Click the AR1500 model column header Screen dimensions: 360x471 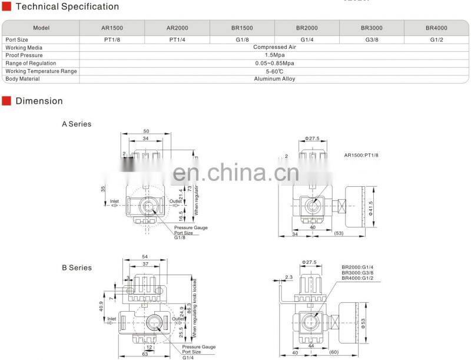[x=112, y=28]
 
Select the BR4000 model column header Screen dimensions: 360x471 [x=436, y=28]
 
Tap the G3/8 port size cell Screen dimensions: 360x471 [x=372, y=39]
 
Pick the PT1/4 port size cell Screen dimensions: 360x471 [x=177, y=39]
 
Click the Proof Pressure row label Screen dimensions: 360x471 [x=24, y=55]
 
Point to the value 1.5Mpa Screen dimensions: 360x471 [x=274, y=55]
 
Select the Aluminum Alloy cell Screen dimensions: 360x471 [x=274, y=79]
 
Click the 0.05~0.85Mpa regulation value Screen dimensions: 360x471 [x=274, y=63]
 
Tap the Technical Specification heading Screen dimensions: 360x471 [x=67, y=7]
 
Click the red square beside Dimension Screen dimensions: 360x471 [x=6, y=101]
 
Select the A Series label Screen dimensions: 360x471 [x=77, y=124]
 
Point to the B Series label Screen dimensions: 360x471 [x=77, y=268]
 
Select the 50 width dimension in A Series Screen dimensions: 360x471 [x=146, y=131]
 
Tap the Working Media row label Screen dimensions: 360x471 [x=22, y=47]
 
